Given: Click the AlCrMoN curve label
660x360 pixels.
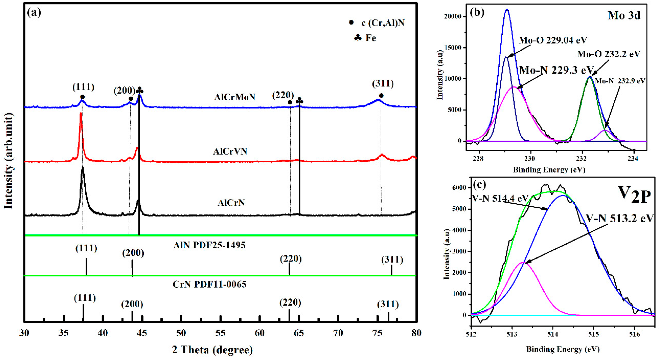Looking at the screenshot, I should (235, 97).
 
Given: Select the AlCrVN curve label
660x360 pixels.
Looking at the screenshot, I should (230, 151).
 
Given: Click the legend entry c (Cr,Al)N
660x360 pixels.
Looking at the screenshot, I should (383, 23).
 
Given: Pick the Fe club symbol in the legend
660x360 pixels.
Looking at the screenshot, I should (358, 38).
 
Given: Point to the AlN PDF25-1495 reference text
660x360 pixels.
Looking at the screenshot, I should (209, 245).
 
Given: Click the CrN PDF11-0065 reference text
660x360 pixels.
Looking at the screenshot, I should (209, 284).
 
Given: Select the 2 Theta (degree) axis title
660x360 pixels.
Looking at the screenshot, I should (212, 350).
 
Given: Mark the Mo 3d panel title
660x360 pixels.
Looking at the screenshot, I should (624, 16).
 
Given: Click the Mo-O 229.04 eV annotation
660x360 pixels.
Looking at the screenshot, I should (553, 40).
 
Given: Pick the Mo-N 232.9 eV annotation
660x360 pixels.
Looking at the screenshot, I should (619, 81).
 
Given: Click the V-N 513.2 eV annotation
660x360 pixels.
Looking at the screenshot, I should (619, 218).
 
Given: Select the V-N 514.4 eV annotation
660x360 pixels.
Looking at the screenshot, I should (500, 198).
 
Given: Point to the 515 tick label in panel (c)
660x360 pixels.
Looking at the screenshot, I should (593, 334).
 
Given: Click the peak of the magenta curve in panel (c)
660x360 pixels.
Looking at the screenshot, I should (522, 263).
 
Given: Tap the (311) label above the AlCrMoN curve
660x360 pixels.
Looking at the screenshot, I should (383, 84).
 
